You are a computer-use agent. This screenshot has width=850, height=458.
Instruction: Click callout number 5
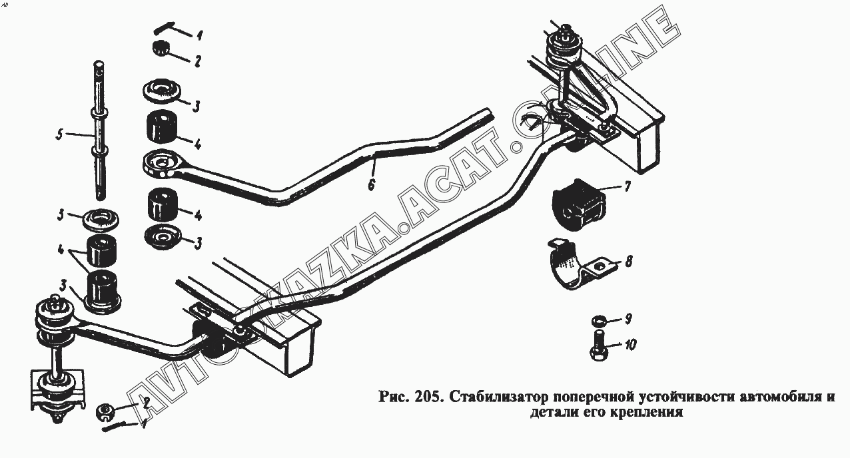point(59,135)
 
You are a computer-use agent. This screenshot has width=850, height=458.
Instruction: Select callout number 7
point(627,186)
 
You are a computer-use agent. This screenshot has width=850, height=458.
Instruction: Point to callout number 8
point(628,262)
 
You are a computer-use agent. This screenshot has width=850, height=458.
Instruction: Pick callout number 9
point(628,319)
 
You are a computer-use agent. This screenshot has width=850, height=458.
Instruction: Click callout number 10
point(630,345)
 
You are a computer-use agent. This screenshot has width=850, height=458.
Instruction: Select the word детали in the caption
point(551,413)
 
